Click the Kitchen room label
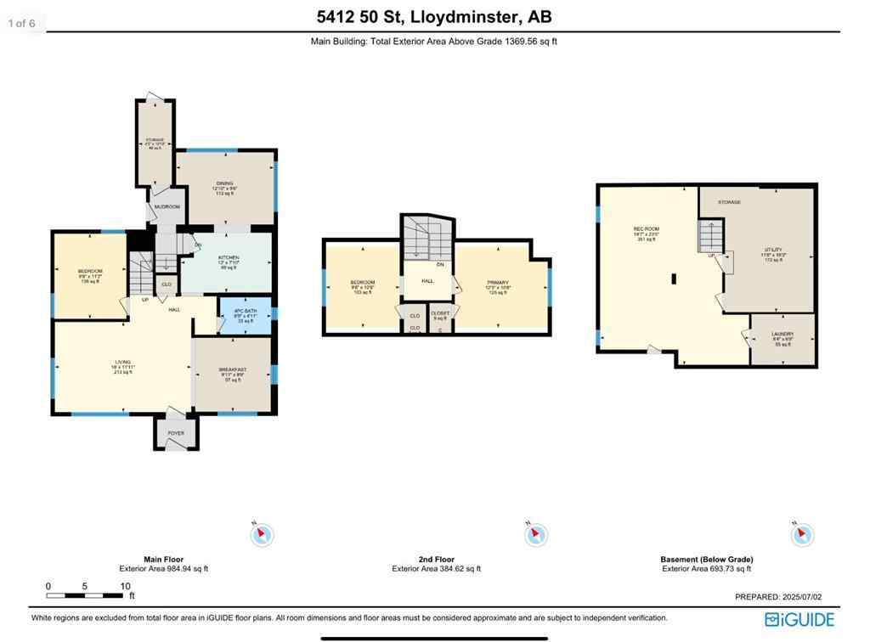click(229, 257)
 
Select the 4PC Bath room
click(246, 313)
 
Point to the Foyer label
click(175, 433)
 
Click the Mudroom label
click(167, 206)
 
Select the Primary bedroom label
click(498, 283)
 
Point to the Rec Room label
click(646, 229)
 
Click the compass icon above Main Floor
click(263, 534)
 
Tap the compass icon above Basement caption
click(802, 534)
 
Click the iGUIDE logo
click(799, 619)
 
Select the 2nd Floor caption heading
click(436, 560)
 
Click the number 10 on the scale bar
click(125, 587)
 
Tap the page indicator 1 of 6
click(21, 23)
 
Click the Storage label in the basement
click(729, 202)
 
